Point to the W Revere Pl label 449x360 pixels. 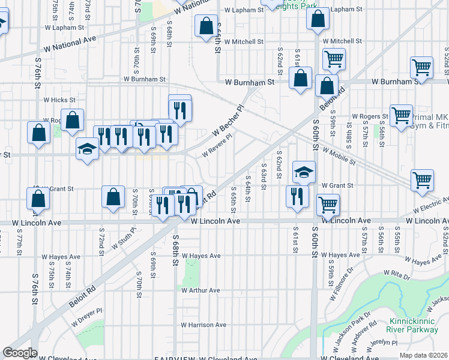217,146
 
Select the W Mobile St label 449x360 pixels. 339,157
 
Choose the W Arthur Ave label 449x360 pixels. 200,290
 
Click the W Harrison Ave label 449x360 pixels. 203,325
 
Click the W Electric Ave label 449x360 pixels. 431,206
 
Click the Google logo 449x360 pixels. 19,353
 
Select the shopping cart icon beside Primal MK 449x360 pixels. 401,114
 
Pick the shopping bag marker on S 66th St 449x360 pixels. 206,26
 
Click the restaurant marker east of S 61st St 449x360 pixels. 298,196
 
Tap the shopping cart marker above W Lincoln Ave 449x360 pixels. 328,205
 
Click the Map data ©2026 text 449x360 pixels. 424,355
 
